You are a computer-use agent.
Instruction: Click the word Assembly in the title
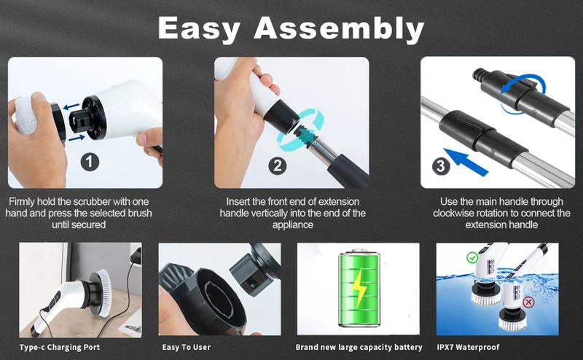pos(339,29)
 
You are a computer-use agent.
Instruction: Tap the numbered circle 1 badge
pos(90,163)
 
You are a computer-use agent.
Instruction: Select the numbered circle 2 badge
pos(278,166)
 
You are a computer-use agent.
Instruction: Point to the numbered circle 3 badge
pos(441,166)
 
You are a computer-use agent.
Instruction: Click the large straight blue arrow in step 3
pos(466,163)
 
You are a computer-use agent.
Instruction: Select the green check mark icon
pos(472,257)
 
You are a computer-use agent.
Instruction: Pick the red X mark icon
pos(528,302)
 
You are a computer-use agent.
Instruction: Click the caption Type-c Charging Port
pos(60,348)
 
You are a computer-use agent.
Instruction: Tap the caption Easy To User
pos(187,348)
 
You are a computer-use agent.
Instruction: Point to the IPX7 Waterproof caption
pos(468,348)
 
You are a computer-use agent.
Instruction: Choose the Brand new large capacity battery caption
pos(359,348)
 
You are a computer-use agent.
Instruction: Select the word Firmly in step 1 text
pos(22,202)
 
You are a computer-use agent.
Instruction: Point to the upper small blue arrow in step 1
pos(71,106)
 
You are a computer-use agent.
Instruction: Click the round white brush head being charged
pos(101,293)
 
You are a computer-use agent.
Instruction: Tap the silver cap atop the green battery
pos(359,251)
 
